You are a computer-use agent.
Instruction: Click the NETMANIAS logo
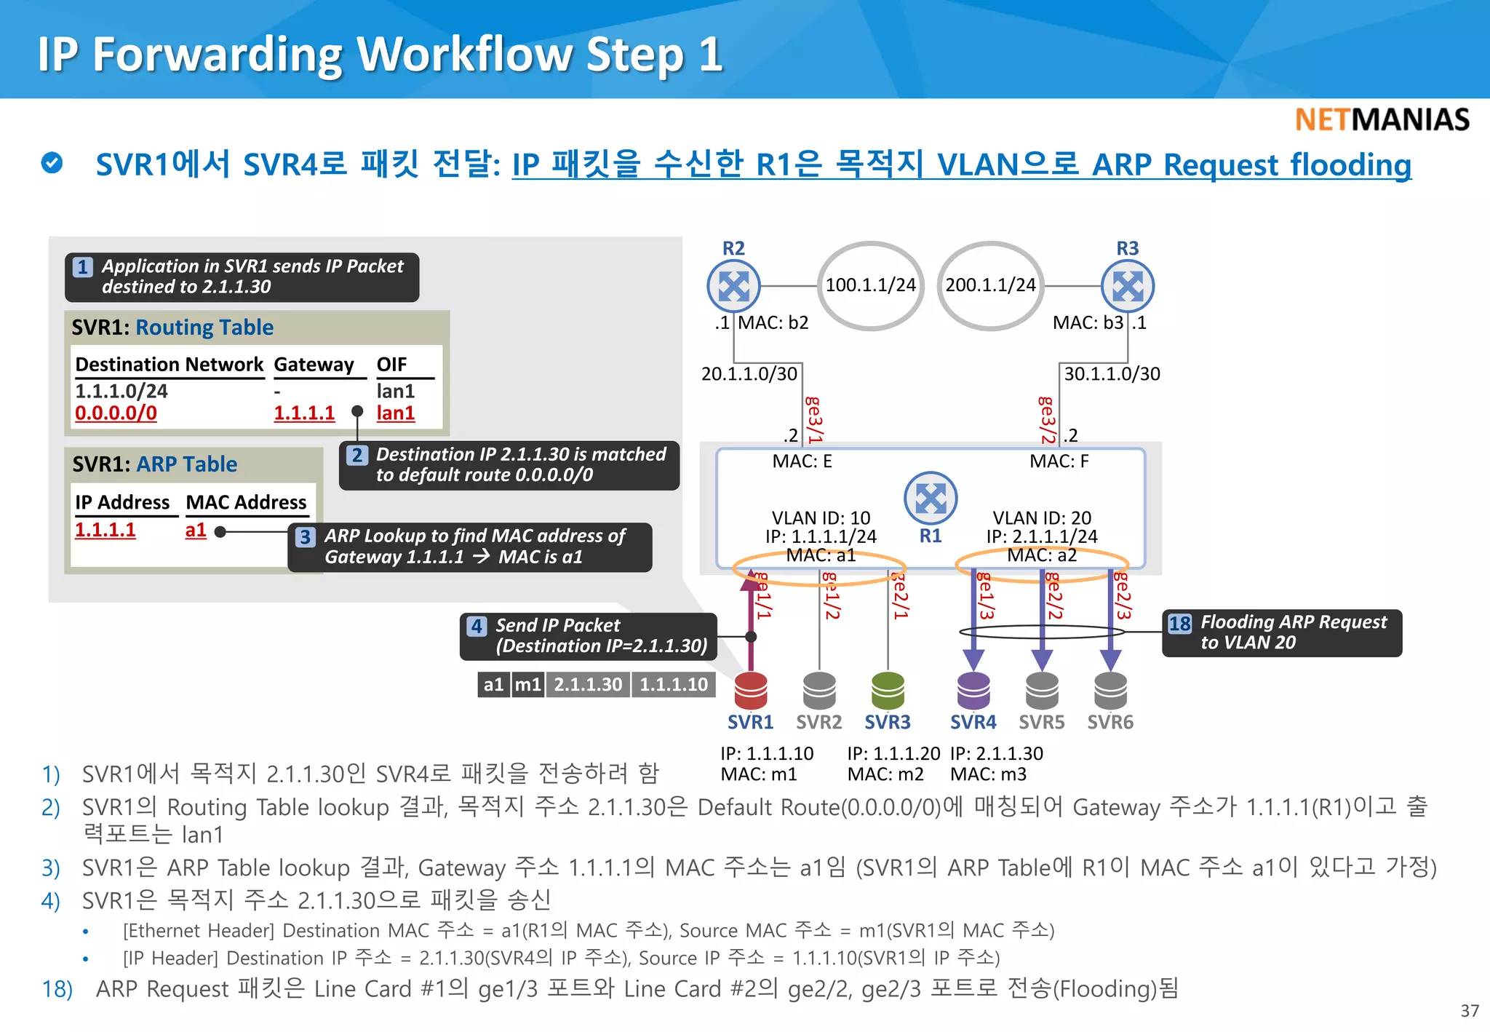click(1382, 120)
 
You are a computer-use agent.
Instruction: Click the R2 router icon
click(733, 286)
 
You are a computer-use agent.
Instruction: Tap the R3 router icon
click(1127, 286)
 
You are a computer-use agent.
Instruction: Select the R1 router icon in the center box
click(931, 499)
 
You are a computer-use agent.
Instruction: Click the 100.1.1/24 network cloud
click(871, 285)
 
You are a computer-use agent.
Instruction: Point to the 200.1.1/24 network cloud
click(990, 285)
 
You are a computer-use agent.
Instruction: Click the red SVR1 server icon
click(751, 690)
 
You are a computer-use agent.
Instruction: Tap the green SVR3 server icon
click(888, 690)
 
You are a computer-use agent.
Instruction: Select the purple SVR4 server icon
click(973, 690)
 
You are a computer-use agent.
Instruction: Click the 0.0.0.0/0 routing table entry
click(116, 413)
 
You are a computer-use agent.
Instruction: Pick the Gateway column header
click(314, 365)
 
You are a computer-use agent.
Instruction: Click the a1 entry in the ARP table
click(196, 530)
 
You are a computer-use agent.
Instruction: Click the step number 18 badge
click(1179, 624)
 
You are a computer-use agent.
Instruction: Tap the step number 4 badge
click(477, 626)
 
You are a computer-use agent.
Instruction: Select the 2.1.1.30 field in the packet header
click(588, 685)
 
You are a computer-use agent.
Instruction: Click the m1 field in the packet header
click(527, 685)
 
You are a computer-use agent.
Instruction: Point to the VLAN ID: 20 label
click(1042, 518)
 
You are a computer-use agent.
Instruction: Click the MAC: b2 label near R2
click(773, 322)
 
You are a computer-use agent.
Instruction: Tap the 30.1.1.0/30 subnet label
click(1112, 374)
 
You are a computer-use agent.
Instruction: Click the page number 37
click(1469, 1011)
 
